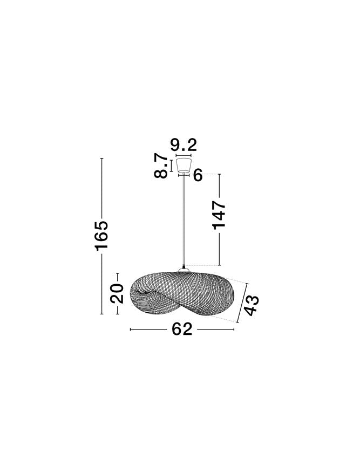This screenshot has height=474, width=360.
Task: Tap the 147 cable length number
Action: click(219, 215)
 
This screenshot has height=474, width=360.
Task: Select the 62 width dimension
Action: click(182, 329)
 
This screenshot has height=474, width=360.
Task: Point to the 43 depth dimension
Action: click(252, 306)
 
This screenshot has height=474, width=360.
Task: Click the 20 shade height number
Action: click(117, 293)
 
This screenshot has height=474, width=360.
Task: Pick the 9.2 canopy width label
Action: click(184, 145)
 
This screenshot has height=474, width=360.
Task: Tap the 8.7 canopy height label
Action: click(161, 166)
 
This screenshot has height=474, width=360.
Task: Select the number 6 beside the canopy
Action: click(198, 175)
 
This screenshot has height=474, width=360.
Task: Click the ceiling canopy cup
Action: click(184, 165)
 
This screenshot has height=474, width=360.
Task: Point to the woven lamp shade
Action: click(182, 293)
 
